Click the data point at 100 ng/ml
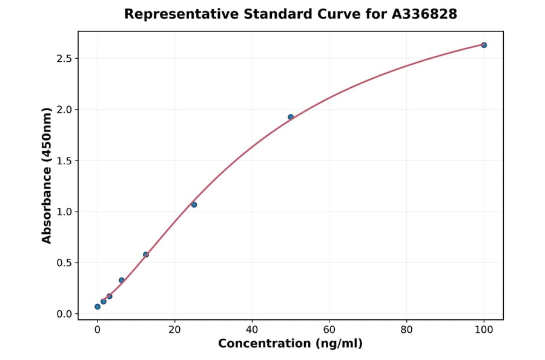pyautogui.click(x=484, y=45)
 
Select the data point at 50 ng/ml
pyautogui.click(x=291, y=117)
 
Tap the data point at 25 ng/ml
pyautogui.click(x=194, y=204)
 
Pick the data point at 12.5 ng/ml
pyautogui.click(x=146, y=255)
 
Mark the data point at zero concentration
pyautogui.click(x=97, y=307)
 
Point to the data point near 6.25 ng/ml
pyautogui.click(x=122, y=280)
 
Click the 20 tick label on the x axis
pyautogui.click(x=174, y=330)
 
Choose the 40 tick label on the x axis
pyautogui.click(x=252, y=330)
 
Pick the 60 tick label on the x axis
pyautogui.click(x=329, y=330)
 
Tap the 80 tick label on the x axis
pyautogui.click(x=406, y=330)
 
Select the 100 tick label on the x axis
pyautogui.click(x=484, y=330)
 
